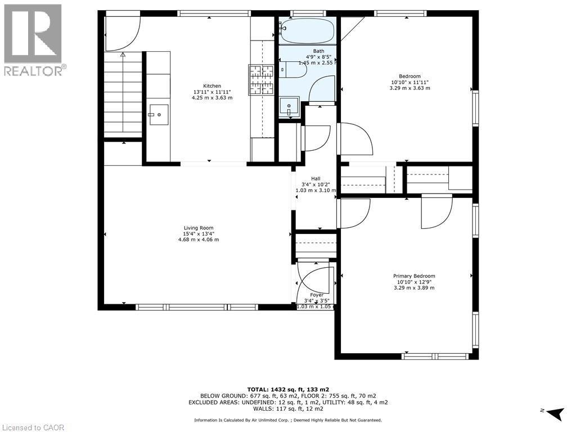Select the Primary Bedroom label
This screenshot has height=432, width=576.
[x=413, y=276]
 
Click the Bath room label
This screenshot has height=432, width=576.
[x=318, y=51]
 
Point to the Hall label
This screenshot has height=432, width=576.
[x=316, y=178]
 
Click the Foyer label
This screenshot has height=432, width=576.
[x=316, y=295]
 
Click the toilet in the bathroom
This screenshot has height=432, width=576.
[x=294, y=70]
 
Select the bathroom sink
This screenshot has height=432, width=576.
[x=289, y=106]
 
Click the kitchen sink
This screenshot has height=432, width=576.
[x=159, y=115]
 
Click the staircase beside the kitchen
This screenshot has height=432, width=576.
[x=123, y=96]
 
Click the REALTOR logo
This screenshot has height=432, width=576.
[x=33, y=40]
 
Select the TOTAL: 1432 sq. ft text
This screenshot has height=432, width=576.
[x=288, y=389]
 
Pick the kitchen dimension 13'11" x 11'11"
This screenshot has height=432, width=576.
[x=212, y=92]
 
